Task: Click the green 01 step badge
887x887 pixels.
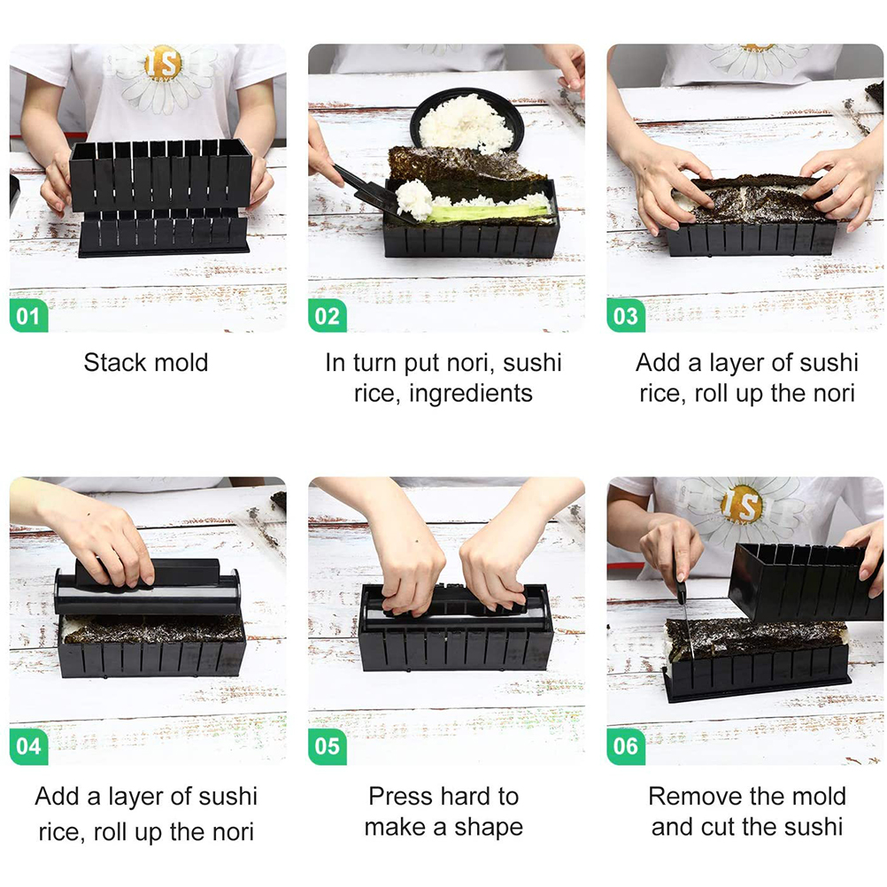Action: click(x=29, y=316)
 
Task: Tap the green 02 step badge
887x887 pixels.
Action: click(x=327, y=316)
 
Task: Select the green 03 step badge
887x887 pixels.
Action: click(x=626, y=316)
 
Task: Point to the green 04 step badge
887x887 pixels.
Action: click(x=29, y=746)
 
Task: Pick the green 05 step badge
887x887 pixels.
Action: click(x=327, y=746)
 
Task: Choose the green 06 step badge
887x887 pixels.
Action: click(x=626, y=746)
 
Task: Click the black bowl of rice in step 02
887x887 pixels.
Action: click(x=467, y=121)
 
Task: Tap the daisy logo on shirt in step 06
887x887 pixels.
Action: click(x=742, y=506)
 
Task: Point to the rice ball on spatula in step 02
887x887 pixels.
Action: click(x=414, y=199)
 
